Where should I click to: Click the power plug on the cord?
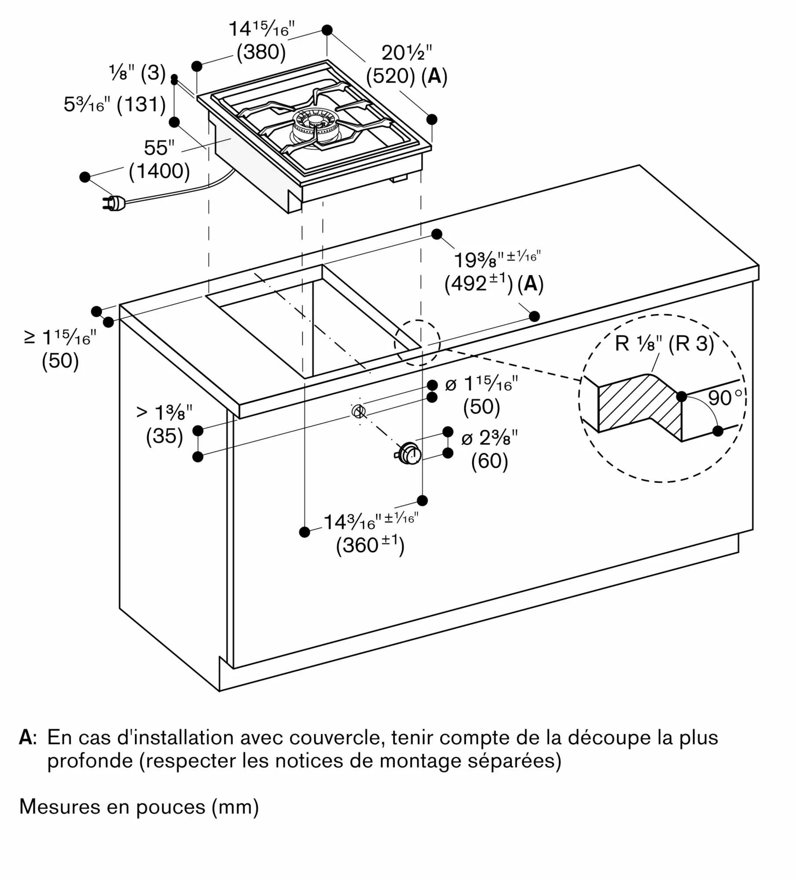tap(113, 203)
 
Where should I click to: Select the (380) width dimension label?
tap(261, 52)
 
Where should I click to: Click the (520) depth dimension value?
tap(390, 76)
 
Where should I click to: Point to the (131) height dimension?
tap(141, 105)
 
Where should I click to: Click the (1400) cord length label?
tap(159, 171)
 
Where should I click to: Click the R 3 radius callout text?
tap(691, 344)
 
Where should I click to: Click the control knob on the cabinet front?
tap(410, 454)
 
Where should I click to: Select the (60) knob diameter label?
tap(489, 461)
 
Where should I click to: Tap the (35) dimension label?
tap(164, 436)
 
